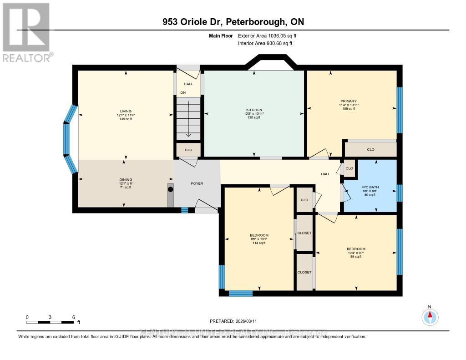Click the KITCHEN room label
(x=254, y=110)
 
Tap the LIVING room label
(x=126, y=112)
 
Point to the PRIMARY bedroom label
(x=349, y=101)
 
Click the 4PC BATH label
(x=370, y=187)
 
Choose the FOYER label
(x=197, y=183)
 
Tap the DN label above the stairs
(x=183, y=92)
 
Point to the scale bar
(x=50, y=322)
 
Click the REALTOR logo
(x=26, y=32)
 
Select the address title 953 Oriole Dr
(x=233, y=22)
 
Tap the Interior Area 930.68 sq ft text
(x=265, y=43)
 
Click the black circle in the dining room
(x=171, y=189)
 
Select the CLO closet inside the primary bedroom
(x=370, y=149)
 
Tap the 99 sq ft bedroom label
(x=356, y=253)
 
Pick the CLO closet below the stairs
(x=188, y=150)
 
